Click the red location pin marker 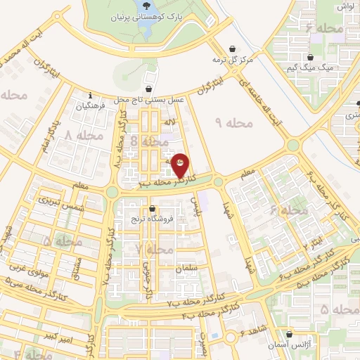tap(181, 165)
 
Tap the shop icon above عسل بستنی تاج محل tap(149, 89)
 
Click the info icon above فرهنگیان tap(90, 96)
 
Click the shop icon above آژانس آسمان tap(292, 335)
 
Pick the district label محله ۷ tap(155, 250)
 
